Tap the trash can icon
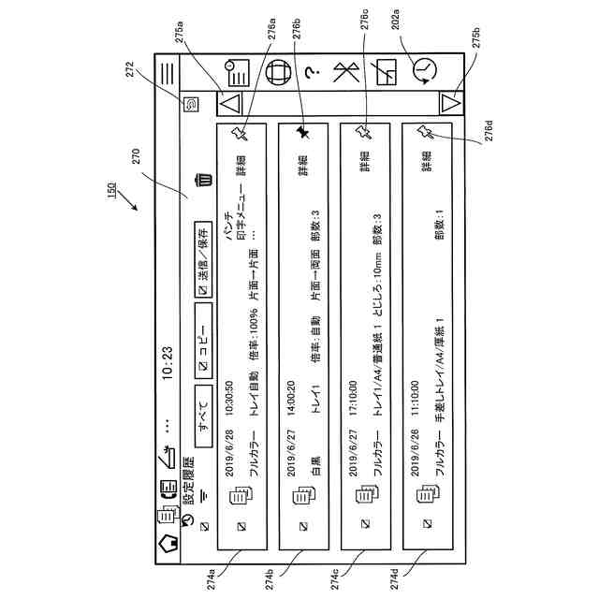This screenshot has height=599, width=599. point(201,181)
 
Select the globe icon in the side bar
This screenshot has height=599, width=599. point(277,70)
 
